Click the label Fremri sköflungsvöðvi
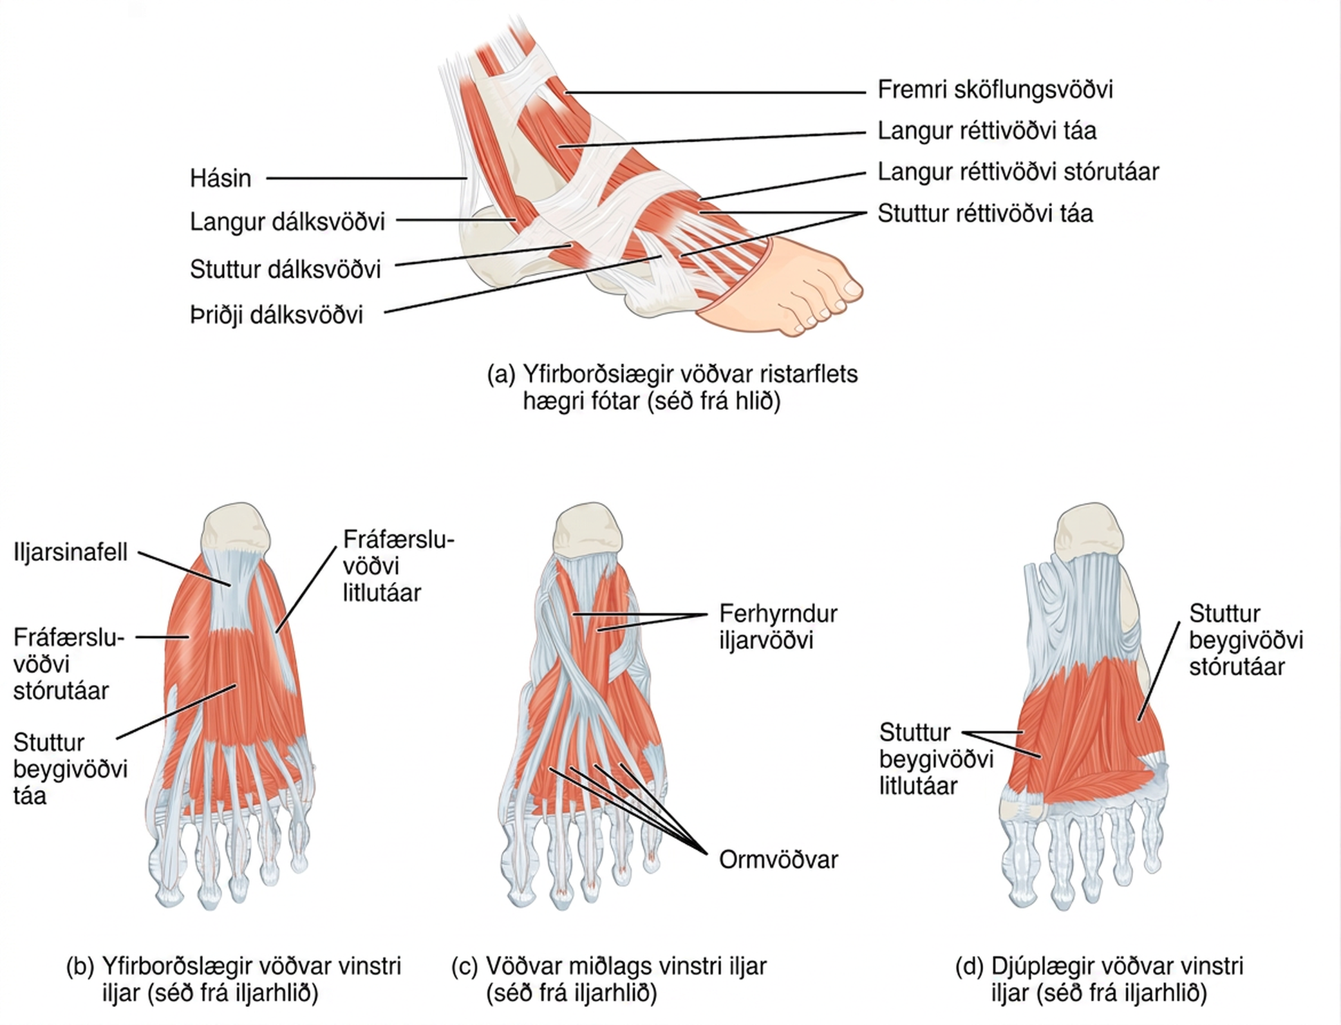pos(995,89)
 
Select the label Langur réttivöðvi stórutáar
pos(1018,172)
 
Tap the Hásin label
pos(220,178)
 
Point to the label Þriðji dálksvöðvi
pos(276,315)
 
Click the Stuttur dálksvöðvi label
pos(285,269)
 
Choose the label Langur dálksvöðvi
pos(287,222)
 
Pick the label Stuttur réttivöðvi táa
pos(985,213)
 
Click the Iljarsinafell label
pos(70,552)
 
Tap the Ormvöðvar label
pos(778,860)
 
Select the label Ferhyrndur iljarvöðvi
pos(778,627)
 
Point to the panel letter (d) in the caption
pos(970,966)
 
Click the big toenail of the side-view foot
pos(852,288)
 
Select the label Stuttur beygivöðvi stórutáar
pos(1246,640)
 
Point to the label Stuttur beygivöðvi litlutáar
pos(937,759)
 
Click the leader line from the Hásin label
pos(366,178)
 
